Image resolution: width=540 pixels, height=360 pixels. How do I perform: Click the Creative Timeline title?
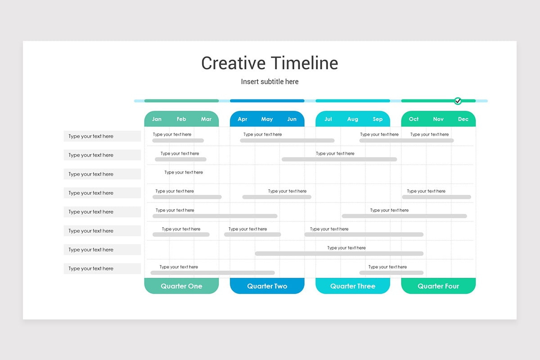point(270,63)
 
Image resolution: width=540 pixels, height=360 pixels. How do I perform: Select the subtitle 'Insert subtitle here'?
point(270,81)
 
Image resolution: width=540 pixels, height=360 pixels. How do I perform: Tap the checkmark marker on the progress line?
point(458,101)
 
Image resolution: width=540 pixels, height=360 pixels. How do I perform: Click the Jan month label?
point(157,119)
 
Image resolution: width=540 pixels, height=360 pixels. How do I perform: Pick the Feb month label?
point(181,119)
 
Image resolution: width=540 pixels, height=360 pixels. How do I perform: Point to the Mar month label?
point(206,119)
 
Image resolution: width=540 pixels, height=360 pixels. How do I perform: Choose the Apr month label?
point(243,119)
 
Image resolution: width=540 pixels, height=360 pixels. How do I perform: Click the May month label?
point(267,119)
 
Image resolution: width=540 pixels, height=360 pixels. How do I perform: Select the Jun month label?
point(292,119)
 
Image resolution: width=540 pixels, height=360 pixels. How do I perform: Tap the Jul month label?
point(328,119)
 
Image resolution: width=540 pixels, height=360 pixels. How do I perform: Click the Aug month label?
point(353,119)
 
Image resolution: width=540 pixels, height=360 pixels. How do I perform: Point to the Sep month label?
point(378,119)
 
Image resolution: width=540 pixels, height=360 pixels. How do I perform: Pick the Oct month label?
point(414,119)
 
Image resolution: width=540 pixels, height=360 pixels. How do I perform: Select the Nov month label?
point(438,119)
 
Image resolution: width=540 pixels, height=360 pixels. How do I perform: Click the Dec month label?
point(463,119)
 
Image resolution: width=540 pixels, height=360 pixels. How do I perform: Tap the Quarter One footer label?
point(181,286)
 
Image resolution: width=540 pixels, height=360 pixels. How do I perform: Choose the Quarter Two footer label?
point(267,286)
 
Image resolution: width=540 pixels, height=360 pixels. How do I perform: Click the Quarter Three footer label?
point(353,286)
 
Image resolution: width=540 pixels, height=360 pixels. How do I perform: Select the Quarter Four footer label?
point(438,286)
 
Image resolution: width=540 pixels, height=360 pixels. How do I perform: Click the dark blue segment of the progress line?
point(267,101)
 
